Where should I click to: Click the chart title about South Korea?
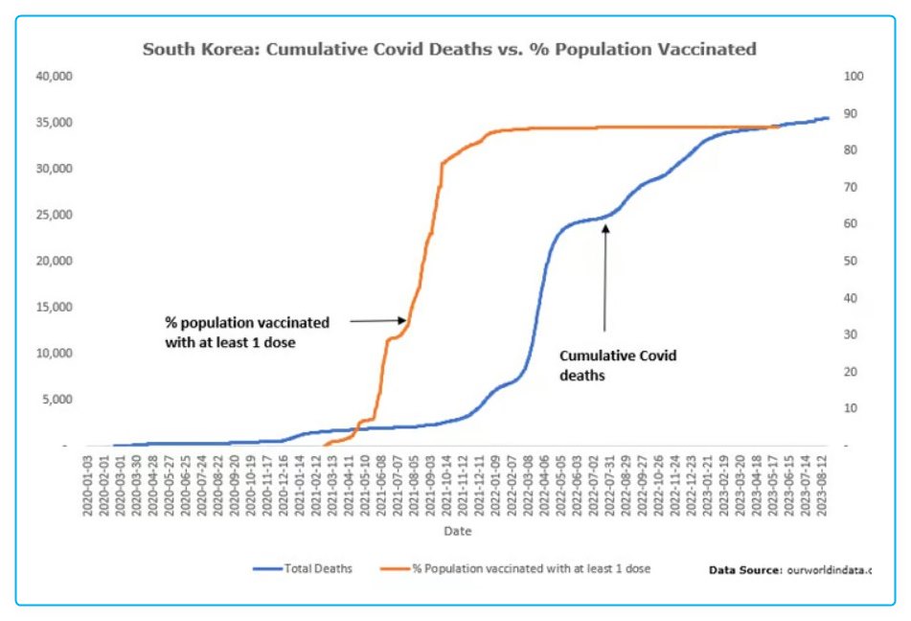pyautogui.click(x=449, y=49)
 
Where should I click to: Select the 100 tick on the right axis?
pyautogui.click(x=851, y=76)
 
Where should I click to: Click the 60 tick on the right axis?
pyautogui.click(x=848, y=224)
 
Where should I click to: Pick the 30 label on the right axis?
pyautogui.click(x=848, y=334)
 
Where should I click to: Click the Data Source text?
pyautogui.click(x=789, y=570)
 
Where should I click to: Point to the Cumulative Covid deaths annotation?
pyautogui.click(x=617, y=365)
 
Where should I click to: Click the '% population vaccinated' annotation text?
pyautogui.click(x=245, y=332)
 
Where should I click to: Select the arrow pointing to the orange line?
pyautogui.click(x=377, y=322)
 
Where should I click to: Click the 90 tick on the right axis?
pyautogui.click(x=848, y=113)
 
